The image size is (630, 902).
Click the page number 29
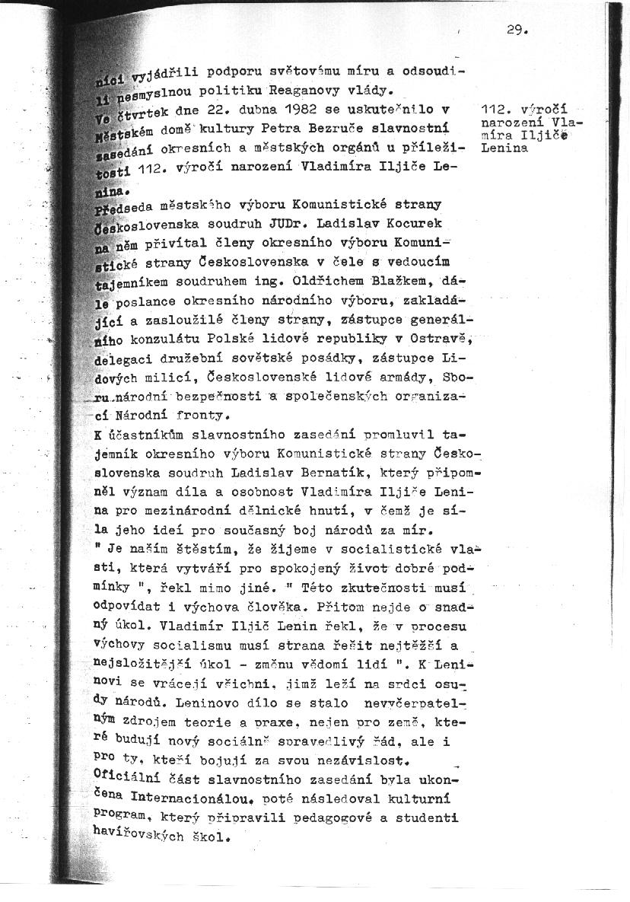click(516, 30)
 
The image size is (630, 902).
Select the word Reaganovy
click(281, 91)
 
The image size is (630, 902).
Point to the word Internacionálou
click(190, 798)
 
